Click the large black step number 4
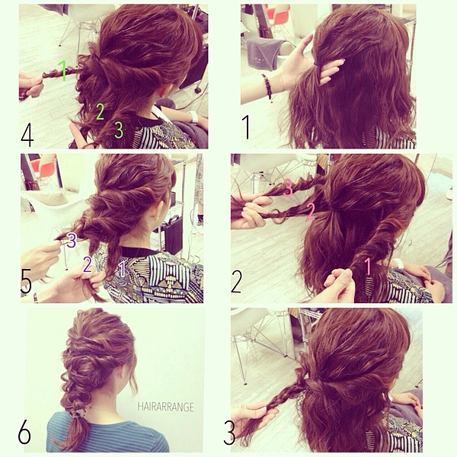pyautogui.click(x=27, y=136)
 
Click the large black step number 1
pyautogui.click(x=246, y=126)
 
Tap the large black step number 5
pyautogui.click(x=26, y=280)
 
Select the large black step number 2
pyautogui.click(x=236, y=281)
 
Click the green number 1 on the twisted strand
pyautogui.click(x=62, y=70)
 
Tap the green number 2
pyautogui.click(x=100, y=112)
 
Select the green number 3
pyautogui.click(x=119, y=129)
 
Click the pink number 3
pyautogui.click(x=288, y=188)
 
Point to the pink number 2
pyautogui.click(x=311, y=212)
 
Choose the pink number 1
pyautogui.click(x=368, y=267)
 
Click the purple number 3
pyautogui.click(x=72, y=241)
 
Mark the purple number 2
pyautogui.click(x=87, y=264)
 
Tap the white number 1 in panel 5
pyautogui.click(x=123, y=269)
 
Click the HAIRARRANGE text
pyautogui.click(x=165, y=407)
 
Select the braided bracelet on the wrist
pyautogui.click(x=267, y=87)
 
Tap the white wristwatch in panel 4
pyautogui.click(x=193, y=117)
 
